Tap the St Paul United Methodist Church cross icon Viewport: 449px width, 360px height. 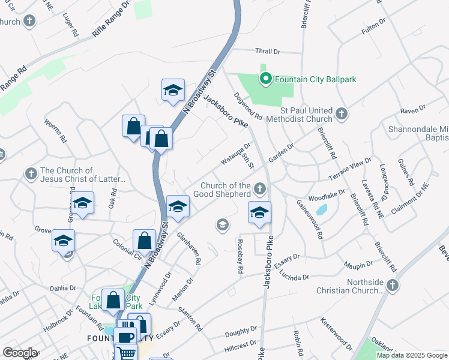[341, 113]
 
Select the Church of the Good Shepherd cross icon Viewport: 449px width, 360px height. [259, 190]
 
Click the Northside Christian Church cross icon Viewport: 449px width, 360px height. [393, 286]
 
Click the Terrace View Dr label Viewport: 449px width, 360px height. [351, 170]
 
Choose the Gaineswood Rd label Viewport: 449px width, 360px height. [310, 219]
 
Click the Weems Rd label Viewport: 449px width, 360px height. [55, 130]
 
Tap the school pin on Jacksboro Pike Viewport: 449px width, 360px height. [259, 212]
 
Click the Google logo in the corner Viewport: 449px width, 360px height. [20, 352]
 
